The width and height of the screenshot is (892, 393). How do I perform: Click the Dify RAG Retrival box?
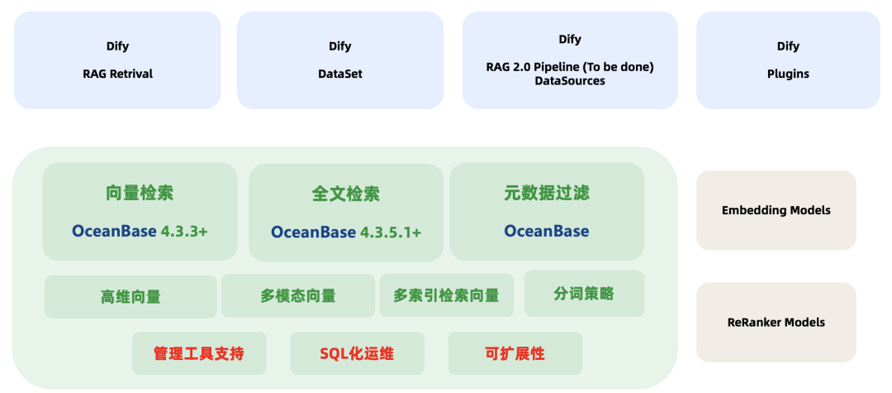117,60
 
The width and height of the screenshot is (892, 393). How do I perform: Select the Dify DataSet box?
339,60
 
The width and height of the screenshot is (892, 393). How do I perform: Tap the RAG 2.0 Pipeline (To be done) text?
570,66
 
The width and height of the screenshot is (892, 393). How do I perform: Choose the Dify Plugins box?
788,60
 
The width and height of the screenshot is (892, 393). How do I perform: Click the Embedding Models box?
776,210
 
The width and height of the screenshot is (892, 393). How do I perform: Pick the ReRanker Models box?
776,322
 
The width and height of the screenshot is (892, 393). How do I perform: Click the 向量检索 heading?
140,194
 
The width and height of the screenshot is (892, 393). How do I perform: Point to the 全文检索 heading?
345,194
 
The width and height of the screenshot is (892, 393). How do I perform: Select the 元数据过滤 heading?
547,194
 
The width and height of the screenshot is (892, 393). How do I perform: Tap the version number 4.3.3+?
184,231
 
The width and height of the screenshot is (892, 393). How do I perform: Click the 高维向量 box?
130,296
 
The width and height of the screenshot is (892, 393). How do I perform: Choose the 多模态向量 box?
298,295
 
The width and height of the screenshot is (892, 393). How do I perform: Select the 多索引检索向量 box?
446,295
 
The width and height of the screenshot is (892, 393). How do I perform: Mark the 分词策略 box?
584,294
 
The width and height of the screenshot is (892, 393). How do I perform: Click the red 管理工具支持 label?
199,354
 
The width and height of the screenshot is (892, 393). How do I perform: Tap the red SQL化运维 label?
357,354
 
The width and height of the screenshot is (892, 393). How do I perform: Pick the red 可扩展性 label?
515,354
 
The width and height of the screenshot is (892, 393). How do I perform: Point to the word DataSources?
570,81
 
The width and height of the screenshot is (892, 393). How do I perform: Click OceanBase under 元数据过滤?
547,231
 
